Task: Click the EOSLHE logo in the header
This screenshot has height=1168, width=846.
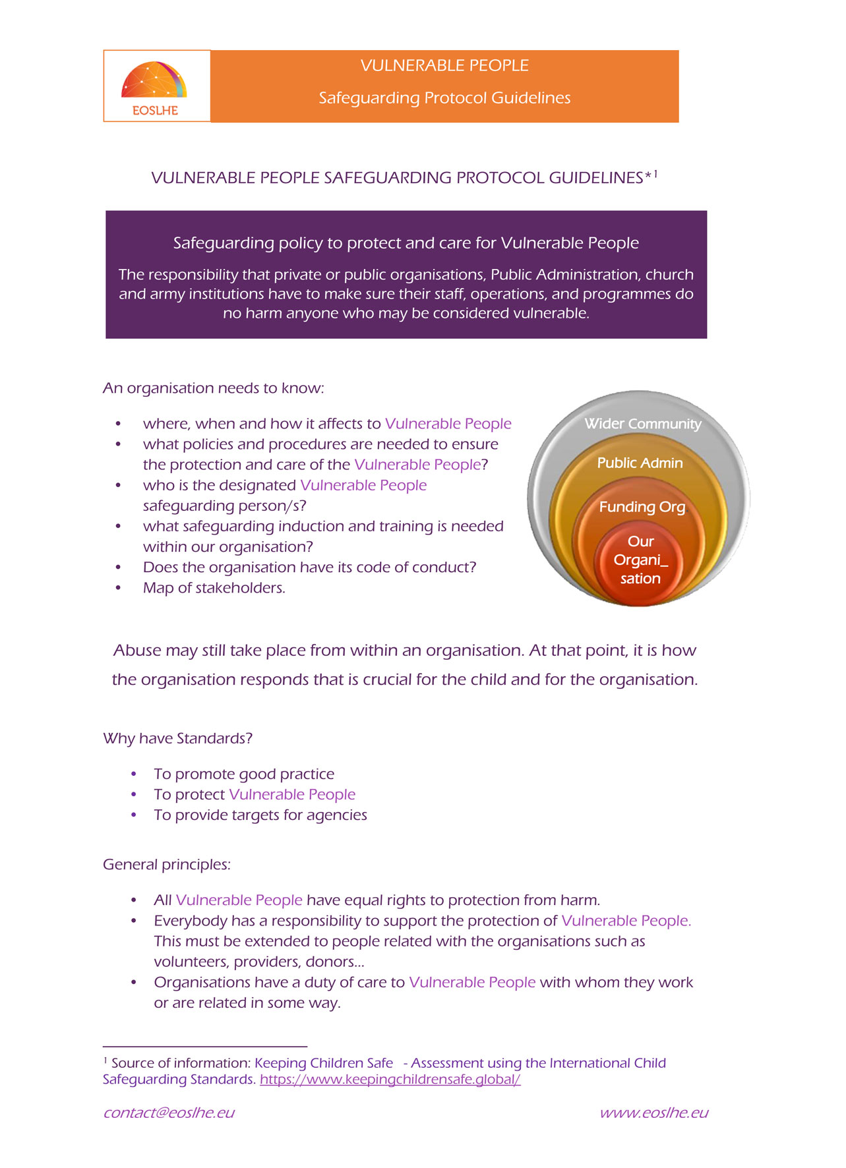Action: [156, 86]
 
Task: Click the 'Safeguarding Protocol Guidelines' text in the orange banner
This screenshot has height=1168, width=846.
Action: [444, 98]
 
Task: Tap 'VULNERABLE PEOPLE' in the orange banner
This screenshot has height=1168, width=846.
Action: [444, 66]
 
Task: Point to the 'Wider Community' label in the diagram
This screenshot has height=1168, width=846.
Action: [642, 424]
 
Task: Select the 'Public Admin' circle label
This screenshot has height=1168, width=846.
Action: [640, 463]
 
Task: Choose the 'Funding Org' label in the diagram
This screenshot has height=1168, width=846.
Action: [642, 507]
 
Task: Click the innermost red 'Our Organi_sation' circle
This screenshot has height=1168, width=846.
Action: [640, 560]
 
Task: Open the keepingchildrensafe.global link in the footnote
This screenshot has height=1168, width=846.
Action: [390, 1080]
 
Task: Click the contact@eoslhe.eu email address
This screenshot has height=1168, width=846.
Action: [169, 1113]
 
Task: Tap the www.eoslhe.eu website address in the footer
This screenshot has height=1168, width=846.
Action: [653, 1113]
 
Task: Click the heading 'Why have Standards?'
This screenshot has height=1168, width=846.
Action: [177, 738]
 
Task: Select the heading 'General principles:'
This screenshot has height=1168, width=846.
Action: [167, 864]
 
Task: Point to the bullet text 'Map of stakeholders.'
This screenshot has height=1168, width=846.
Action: [214, 588]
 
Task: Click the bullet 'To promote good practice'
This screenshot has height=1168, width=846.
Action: [244, 774]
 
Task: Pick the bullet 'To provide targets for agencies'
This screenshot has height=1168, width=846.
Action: [260, 815]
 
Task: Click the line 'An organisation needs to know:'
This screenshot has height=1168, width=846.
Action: [214, 388]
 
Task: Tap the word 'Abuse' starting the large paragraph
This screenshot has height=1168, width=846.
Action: [137, 651]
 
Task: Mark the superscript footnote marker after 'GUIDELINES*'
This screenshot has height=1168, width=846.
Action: [655, 173]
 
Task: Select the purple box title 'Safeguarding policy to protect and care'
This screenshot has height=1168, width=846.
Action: [406, 243]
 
